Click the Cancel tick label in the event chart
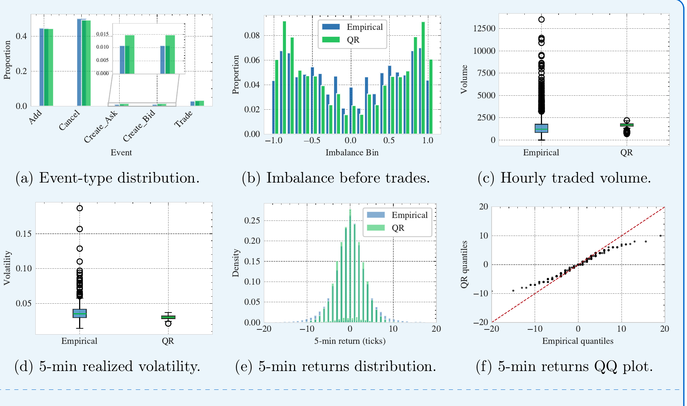(x=69, y=120)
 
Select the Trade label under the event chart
(x=183, y=119)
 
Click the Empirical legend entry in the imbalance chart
(x=353, y=27)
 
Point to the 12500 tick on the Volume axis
(x=484, y=28)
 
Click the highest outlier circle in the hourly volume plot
(x=541, y=20)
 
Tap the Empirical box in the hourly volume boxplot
(x=541, y=128)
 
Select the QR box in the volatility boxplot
(x=168, y=317)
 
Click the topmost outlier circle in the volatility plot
(x=79, y=208)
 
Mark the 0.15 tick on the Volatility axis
(x=24, y=234)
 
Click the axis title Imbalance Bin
(x=352, y=152)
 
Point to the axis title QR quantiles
(x=464, y=264)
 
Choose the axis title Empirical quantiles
(x=578, y=341)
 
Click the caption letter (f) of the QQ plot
(x=484, y=366)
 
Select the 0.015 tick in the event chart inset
(x=102, y=34)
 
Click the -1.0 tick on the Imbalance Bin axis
(x=274, y=140)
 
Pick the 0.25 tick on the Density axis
(x=252, y=220)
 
